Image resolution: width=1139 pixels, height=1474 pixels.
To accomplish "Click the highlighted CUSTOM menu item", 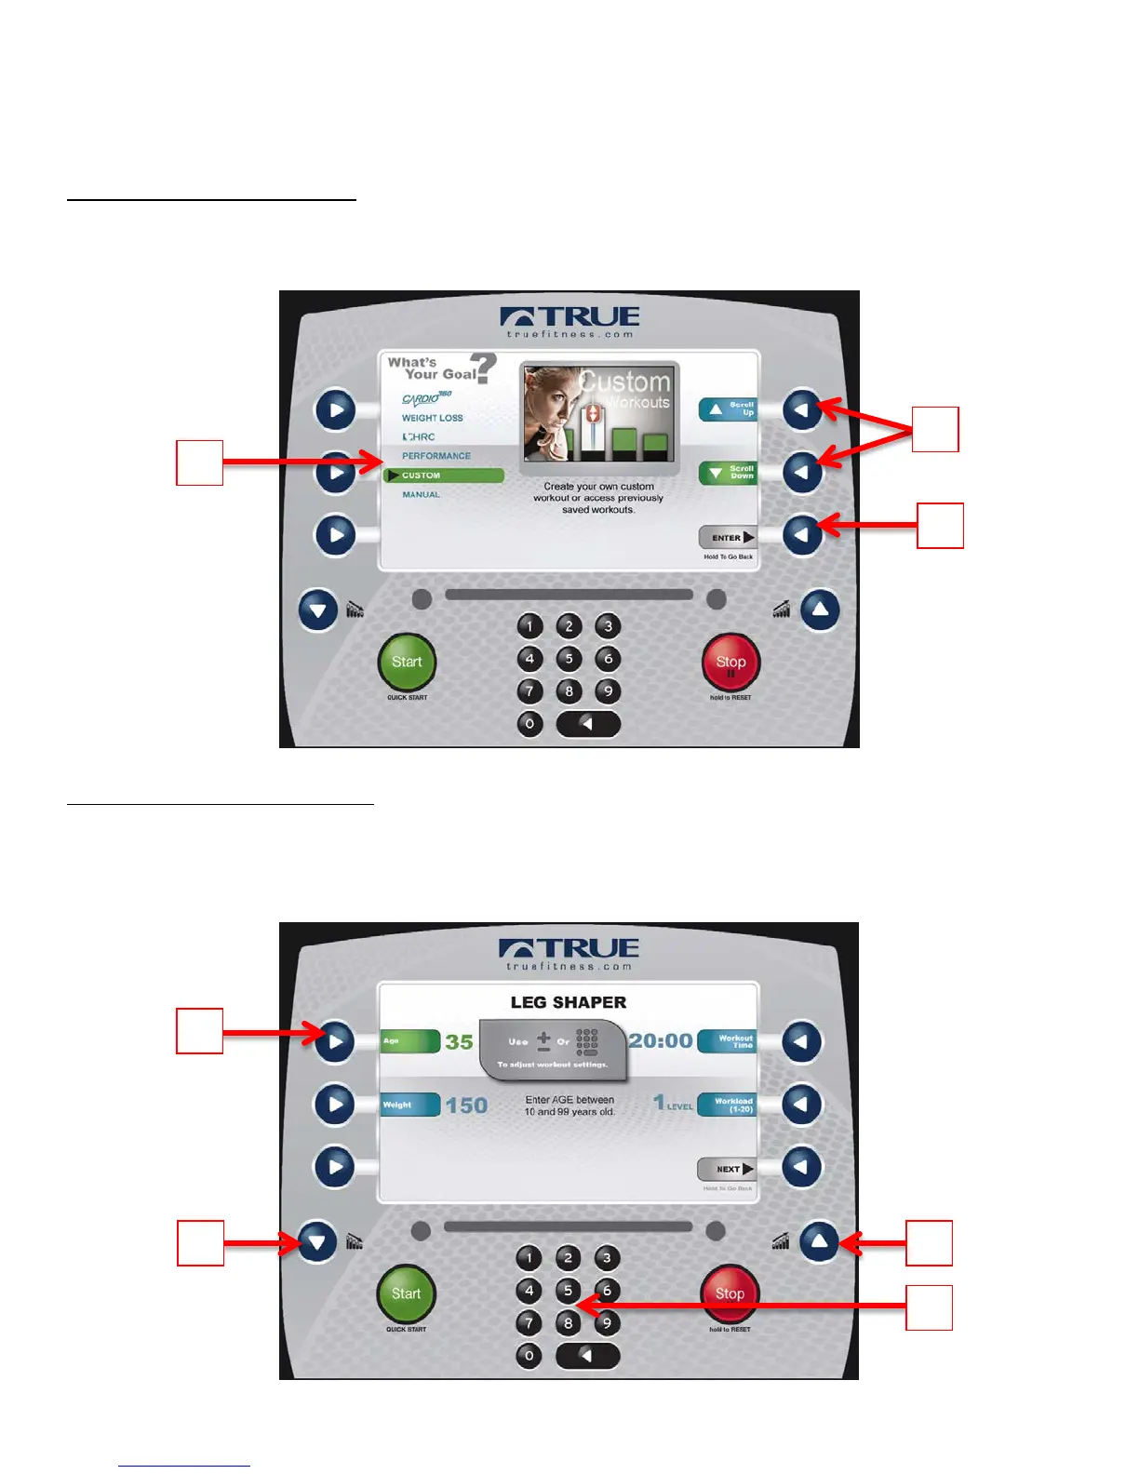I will [x=444, y=476].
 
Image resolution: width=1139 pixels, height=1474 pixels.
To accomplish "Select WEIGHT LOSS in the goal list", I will [x=432, y=418].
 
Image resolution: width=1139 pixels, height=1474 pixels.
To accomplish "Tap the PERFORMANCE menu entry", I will [x=435, y=456].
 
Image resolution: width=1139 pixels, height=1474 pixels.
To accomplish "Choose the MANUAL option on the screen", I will [x=421, y=494].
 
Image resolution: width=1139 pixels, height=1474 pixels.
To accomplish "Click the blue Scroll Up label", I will [x=728, y=409].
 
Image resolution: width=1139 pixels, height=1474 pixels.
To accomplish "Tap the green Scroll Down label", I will [x=728, y=473].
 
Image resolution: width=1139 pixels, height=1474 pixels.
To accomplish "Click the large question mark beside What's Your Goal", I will [x=483, y=368].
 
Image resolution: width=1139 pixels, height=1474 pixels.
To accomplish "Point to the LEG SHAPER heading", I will [x=569, y=1002].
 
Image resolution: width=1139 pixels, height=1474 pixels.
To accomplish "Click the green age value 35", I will [x=459, y=1042].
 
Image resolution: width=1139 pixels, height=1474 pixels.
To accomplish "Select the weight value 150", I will [x=466, y=1105].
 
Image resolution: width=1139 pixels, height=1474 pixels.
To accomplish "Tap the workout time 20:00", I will [x=661, y=1040].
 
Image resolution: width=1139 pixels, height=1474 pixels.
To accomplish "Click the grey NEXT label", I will [x=727, y=1169].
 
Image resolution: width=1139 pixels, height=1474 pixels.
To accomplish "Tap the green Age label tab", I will [x=409, y=1041].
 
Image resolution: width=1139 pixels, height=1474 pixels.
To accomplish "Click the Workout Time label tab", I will [x=727, y=1041].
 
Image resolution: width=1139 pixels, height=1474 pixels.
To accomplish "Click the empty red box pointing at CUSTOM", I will [x=200, y=462].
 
